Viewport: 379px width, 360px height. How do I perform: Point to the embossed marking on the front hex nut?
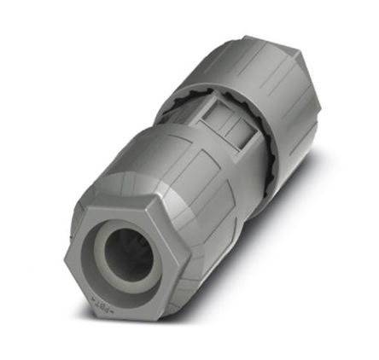pos(104,303)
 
